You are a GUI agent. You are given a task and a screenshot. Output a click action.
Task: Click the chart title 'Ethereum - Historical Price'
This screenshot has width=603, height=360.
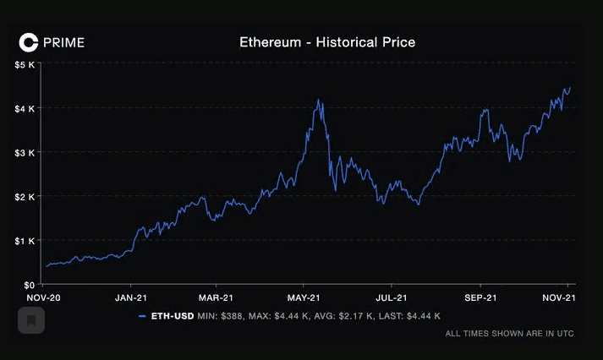pyautogui.click(x=327, y=41)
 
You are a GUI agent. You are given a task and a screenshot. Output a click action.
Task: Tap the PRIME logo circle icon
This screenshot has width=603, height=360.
pyautogui.click(x=29, y=41)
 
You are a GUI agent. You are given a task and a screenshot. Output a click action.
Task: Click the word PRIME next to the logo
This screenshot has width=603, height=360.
pyautogui.click(x=63, y=42)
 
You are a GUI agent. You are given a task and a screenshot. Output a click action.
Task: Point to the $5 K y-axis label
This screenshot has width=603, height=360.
pyautogui.click(x=24, y=64)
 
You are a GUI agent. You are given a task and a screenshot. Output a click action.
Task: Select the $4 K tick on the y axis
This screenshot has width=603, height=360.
pyautogui.click(x=24, y=108)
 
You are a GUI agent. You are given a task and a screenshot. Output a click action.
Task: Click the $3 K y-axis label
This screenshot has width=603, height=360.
pyautogui.click(x=24, y=152)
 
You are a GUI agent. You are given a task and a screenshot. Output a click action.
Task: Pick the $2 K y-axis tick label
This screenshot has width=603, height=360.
pyautogui.click(x=24, y=196)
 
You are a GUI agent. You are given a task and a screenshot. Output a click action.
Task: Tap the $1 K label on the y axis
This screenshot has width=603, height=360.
pyautogui.click(x=24, y=240)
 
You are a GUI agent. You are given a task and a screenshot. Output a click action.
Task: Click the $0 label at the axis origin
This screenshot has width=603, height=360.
pyautogui.click(x=28, y=285)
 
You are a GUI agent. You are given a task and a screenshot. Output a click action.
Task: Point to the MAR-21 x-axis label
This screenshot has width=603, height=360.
pyautogui.click(x=216, y=298)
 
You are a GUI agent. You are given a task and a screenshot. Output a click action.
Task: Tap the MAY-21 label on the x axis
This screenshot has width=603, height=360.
pyautogui.click(x=303, y=298)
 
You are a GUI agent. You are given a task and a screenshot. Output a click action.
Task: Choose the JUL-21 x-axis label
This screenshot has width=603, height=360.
pyautogui.click(x=390, y=298)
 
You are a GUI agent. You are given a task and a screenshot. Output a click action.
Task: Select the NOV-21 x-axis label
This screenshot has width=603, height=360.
pyautogui.click(x=559, y=298)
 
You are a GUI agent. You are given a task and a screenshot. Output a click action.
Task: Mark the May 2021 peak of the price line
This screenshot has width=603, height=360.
pyautogui.click(x=318, y=100)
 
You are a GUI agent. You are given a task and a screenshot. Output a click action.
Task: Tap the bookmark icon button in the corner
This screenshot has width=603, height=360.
pyautogui.click(x=31, y=320)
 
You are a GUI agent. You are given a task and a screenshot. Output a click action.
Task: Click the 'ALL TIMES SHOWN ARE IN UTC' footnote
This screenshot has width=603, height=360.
pyautogui.click(x=509, y=334)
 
